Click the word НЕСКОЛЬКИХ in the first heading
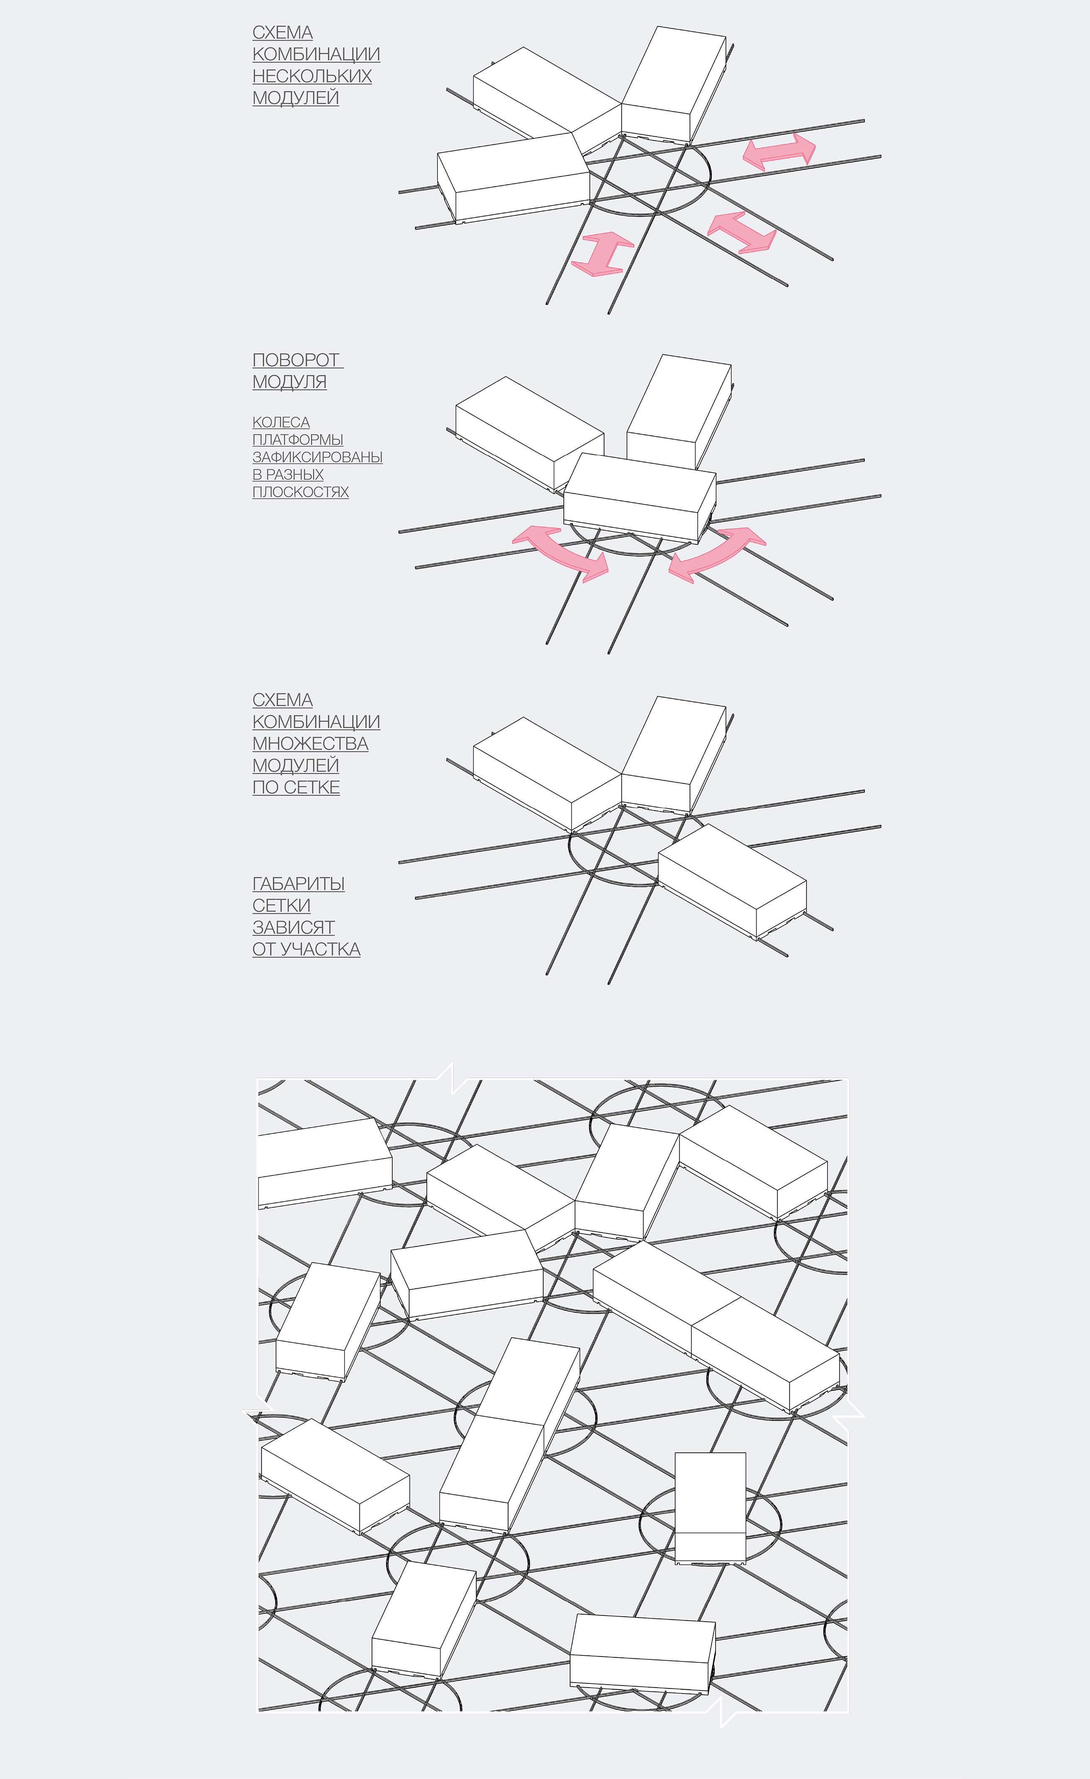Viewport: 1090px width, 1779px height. pyautogui.click(x=312, y=76)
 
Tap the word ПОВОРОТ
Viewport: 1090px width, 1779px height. pyautogui.click(x=296, y=359)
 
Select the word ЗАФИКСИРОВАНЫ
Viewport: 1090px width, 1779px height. pyautogui.click(x=317, y=457)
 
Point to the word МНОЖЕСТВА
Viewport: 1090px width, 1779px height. pyautogui.click(x=310, y=743)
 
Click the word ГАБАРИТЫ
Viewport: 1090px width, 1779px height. pyautogui.click(x=298, y=884)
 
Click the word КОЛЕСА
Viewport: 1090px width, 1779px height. pyautogui.click(x=281, y=422)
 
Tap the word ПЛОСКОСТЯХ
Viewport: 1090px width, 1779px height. pyautogui.click(x=300, y=492)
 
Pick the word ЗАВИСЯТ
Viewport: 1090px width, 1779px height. pyautogui.click(x=293, y=927)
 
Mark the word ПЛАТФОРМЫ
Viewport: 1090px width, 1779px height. pyautogui.click(x=297, y=440)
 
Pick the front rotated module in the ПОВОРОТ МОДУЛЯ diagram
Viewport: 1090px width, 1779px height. pyautogui.click(x=639, y=497)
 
